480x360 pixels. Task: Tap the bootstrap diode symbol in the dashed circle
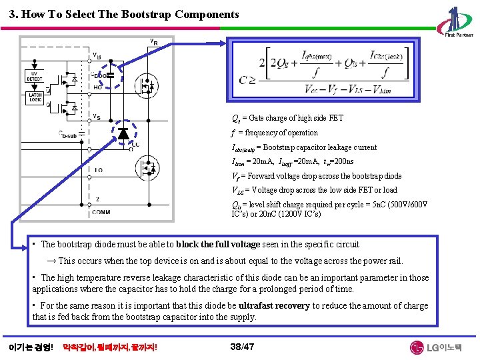coord(123,133)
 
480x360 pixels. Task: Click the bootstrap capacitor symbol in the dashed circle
coord(111,75)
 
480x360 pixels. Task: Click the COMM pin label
coord(101,212)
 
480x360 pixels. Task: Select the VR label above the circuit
coord(153,42)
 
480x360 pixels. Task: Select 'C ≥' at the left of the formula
coord(248,77)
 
